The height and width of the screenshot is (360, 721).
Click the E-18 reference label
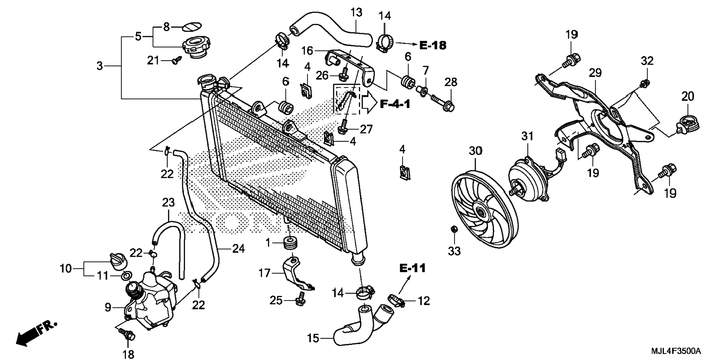tap(433, 45)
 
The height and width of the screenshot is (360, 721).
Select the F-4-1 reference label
tap(395, 104)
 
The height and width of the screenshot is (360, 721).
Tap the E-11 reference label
tap(412, 268)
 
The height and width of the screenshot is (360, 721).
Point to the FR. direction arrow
tap(36, 333)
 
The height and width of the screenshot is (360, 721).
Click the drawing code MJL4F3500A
tap(676, 351)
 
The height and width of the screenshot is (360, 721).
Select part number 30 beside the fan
tap(475, 151)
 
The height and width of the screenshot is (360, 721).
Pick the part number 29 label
tap(595, 73)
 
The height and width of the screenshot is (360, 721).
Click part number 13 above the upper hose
tap(356, 12)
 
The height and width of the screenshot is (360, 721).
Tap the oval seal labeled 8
tap(192, 26)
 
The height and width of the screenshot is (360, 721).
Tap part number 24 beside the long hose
tap(239, 249)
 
